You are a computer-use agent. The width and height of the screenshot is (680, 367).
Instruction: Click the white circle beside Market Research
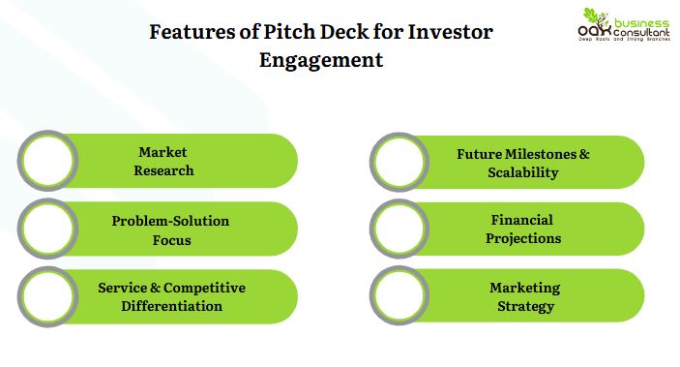46,161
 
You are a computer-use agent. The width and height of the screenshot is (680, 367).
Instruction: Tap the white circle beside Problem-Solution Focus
46,229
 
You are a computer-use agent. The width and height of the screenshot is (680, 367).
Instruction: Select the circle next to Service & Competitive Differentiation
46,296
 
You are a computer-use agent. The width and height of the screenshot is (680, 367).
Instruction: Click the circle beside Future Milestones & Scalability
399,162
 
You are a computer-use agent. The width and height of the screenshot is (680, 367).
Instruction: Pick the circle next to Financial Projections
399,229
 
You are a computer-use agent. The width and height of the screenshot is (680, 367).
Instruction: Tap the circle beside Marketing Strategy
399,296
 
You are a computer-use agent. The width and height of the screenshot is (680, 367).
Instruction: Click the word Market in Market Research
163,153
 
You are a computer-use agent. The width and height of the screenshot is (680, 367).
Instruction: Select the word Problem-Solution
171,221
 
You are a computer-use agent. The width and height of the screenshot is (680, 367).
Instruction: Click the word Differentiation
171,306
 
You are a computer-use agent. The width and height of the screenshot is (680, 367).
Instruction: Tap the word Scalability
522,172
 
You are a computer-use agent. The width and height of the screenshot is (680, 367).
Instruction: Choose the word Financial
522,221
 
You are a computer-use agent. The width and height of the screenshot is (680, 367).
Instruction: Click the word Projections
522,238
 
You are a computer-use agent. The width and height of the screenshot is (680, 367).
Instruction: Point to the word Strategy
522,306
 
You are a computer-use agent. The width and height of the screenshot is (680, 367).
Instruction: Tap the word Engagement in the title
321,60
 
